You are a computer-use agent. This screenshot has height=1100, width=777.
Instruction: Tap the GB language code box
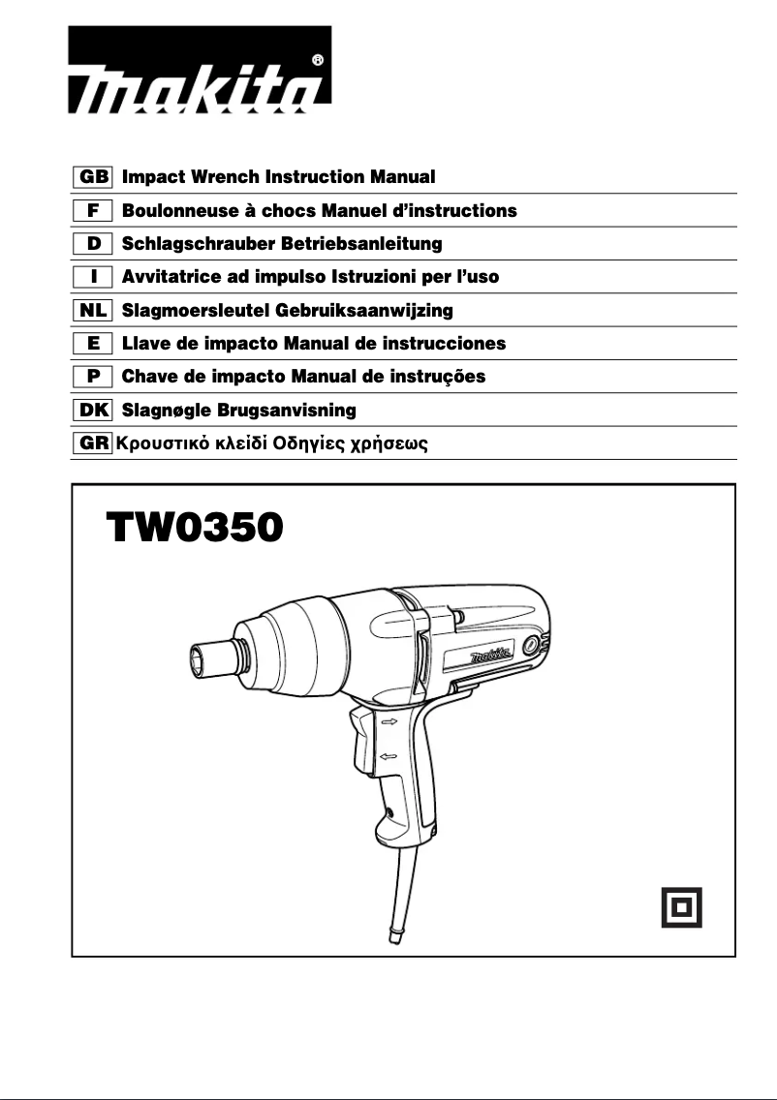point(94,177)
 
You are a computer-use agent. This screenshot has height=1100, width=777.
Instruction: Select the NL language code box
point(94,310)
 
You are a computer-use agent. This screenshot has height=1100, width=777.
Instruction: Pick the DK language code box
point(94,411)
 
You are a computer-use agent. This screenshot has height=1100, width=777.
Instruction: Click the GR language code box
point(94,444)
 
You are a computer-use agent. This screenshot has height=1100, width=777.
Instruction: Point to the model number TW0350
point(195,529)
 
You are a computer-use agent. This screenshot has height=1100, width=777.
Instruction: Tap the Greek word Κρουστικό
point(158,445)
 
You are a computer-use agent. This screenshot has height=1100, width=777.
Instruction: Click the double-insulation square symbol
point(681,907)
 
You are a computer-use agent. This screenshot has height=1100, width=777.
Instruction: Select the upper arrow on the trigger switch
point(389,722)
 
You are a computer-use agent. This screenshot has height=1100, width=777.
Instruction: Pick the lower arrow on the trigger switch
point(389,756)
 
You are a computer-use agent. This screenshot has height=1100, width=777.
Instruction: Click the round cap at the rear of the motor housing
point(530,645)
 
